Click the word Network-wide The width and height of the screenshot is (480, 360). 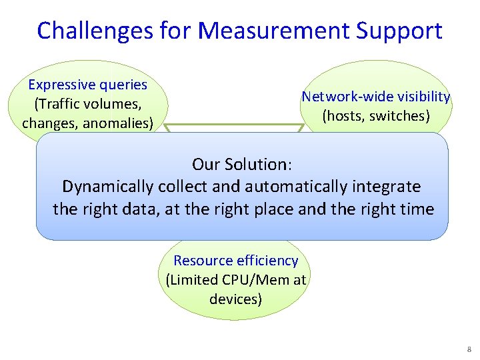click(x=341, y=97)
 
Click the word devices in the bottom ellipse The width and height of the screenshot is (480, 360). click(x=233, y=299)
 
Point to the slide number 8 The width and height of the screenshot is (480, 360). click(x=468, y=349)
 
